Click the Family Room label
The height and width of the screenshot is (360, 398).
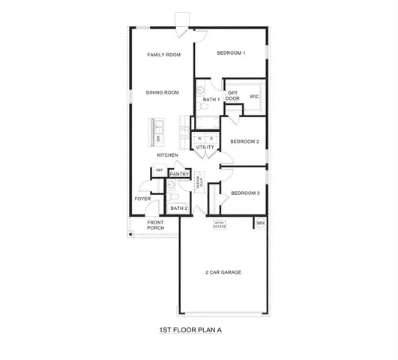(x=163, y=55)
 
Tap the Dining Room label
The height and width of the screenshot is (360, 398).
(x=163, y=93)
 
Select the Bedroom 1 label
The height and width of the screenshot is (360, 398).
(x=231, y=52)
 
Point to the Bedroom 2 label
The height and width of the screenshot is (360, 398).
(x=244, y=142)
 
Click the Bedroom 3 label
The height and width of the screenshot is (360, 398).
(x=244, y=193)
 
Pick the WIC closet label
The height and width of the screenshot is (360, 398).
(x=254, y=97)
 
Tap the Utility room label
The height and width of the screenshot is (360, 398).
(x=205, y=147)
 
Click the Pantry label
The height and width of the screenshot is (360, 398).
(x=179, y=174)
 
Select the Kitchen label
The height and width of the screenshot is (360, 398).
(x=167, y=155)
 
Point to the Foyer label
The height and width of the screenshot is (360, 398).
(x=142, y=199)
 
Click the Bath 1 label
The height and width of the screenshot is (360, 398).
(x=211, y=100)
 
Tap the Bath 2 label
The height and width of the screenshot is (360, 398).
(x=178, y=208)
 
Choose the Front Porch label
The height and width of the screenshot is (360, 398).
(x=155, y=225)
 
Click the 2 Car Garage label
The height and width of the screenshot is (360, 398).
(x=223, y=272)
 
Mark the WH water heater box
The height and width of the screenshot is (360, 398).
(x=261, y=223)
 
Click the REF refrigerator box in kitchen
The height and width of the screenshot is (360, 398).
(x=159, y=171)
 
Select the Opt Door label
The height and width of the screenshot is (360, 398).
(x=233, y=96)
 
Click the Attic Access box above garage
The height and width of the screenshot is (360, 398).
(x=220, y=223)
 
